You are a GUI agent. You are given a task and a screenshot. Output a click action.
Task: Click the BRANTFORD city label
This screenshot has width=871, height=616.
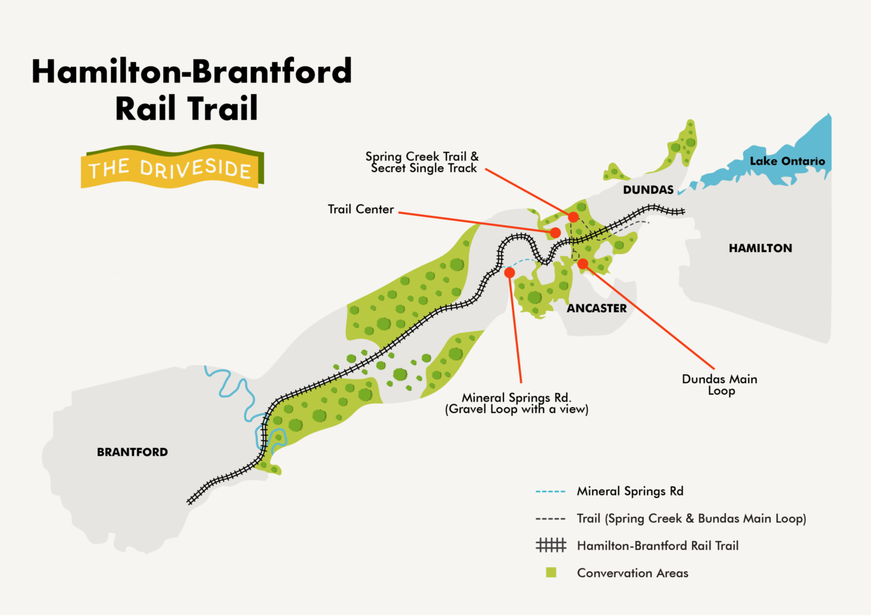tap(132, 452)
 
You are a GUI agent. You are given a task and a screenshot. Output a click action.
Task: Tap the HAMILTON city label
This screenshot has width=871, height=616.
tap(760, 248)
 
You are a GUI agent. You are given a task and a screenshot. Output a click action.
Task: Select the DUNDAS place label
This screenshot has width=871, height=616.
tap(648, 190)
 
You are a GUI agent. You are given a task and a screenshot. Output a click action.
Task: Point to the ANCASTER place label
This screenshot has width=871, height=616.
tap(596, 308)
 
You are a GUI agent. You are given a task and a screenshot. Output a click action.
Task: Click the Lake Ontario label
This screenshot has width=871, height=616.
tap(787, 161)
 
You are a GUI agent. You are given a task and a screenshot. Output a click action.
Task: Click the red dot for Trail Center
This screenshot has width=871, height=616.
tap(555, 233)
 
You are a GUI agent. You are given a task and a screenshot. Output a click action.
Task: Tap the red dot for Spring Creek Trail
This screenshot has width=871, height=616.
tap(573, 217)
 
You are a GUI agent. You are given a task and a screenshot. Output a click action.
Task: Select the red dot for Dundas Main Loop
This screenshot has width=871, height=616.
tap(582, 263)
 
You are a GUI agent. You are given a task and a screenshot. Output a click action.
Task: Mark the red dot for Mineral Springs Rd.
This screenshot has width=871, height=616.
tap(509, 272)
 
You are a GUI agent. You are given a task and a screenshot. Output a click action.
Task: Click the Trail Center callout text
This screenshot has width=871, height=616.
tap(361, 210)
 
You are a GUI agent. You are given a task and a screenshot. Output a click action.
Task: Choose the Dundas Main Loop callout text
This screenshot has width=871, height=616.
tap(720, 385)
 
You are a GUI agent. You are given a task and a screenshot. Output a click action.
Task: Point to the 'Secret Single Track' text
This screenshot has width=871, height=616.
tap(424, 168)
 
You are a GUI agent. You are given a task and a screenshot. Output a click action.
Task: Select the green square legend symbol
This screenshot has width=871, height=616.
tap(550, 572)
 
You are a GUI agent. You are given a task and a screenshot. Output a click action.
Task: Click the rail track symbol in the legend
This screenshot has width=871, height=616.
tap(550, 545)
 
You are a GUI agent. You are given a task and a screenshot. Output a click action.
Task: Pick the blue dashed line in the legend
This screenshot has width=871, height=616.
tap(550, 491)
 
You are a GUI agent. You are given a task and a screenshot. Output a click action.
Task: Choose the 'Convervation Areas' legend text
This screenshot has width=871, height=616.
tap(632, 573)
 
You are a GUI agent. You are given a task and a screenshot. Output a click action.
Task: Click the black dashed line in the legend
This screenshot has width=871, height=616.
tap(550, 519)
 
